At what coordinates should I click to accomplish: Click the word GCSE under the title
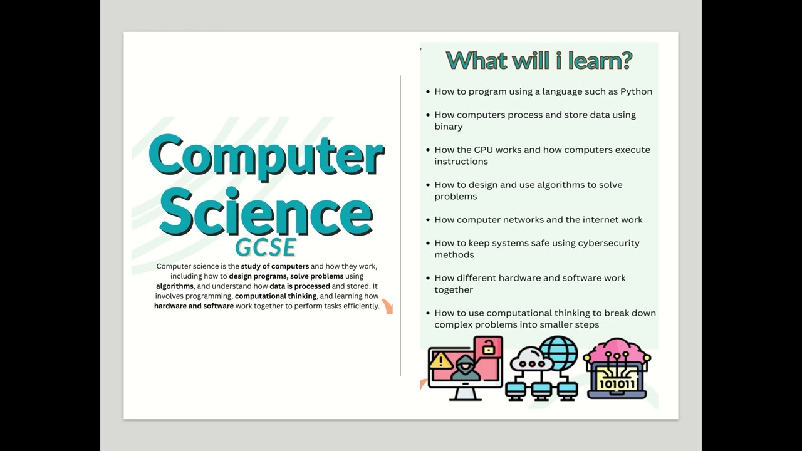(265, 248)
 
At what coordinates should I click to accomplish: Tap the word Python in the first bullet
(636, 91)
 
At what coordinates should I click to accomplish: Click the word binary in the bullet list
(449, 127)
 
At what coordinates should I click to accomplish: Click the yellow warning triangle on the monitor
(441, 360)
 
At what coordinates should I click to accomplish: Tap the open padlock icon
(488, 346)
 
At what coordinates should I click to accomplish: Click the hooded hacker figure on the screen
(466, 370)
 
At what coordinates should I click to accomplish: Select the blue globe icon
(558, 353)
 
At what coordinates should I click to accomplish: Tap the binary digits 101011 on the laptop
(617, 383)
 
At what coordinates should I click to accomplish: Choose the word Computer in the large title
(266, 156)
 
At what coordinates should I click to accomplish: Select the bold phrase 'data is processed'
(299, 286)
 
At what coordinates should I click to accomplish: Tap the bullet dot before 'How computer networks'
(427, 220)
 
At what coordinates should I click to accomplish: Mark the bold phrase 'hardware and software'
(194, 306)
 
